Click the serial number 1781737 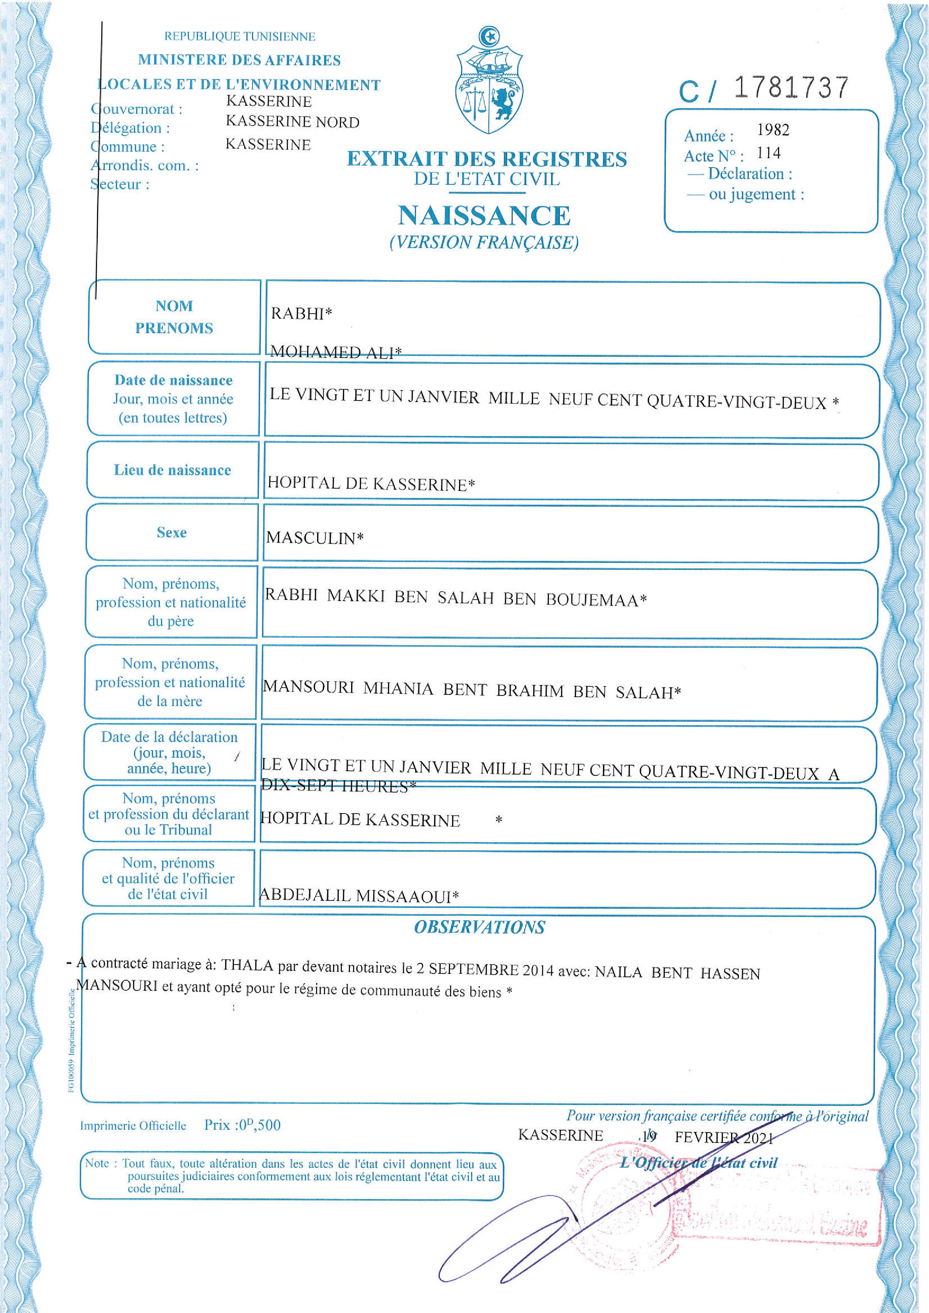791,88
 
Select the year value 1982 773,130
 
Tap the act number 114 768,153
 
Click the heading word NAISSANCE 484,215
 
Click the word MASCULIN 311,538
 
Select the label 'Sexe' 172,532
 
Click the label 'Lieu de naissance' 172,470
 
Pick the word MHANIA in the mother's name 398,688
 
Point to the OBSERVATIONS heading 479,927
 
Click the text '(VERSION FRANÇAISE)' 484,243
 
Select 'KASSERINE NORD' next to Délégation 292,122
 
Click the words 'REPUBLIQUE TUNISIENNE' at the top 240,37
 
